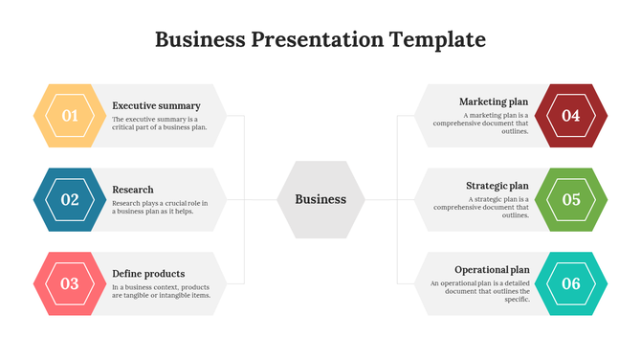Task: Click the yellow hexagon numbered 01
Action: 70,116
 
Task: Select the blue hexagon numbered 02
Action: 70,199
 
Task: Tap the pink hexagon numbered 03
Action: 70,283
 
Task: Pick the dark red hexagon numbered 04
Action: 571,116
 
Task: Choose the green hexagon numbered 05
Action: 571,199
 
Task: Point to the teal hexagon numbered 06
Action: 571,283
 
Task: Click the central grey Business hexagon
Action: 320,199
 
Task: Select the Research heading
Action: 133,190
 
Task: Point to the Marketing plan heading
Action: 494,101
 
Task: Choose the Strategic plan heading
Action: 497,186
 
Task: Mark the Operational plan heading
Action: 492,270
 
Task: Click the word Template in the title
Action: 437,40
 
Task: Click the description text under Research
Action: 160,208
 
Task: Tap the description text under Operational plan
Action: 479,291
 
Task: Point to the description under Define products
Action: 161,291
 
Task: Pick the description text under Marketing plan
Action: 480,124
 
